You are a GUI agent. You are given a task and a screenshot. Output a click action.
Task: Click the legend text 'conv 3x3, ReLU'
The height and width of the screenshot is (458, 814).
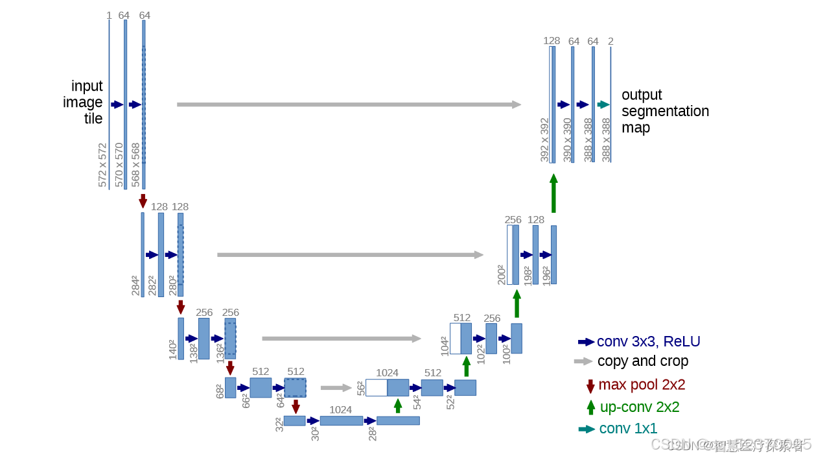648,342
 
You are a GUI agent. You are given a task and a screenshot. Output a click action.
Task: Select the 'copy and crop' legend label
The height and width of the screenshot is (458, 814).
642,361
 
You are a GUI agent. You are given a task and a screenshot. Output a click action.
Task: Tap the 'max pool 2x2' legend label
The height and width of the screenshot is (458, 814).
642,385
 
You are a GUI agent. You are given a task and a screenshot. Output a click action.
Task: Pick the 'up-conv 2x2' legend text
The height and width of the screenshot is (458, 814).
640,407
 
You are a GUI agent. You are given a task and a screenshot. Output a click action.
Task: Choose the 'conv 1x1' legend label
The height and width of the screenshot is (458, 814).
628,429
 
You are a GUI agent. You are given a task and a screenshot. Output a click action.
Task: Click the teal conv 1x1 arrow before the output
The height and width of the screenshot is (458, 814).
603,104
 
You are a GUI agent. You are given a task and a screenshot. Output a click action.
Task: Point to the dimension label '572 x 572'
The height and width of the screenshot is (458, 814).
103,165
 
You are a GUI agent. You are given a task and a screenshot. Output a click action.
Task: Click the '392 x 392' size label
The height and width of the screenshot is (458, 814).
544,139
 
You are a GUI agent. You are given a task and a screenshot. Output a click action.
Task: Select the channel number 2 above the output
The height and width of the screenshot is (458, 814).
610,42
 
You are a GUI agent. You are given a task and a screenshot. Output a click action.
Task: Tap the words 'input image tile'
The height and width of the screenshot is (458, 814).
84,102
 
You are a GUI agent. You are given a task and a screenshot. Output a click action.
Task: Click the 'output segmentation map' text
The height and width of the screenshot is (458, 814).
665,111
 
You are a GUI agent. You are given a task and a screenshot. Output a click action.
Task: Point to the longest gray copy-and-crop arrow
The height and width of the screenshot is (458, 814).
349,104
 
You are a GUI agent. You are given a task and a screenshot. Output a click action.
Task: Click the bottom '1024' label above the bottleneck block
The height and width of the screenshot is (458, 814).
340,410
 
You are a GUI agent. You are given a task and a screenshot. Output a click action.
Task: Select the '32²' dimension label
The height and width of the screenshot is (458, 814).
279,425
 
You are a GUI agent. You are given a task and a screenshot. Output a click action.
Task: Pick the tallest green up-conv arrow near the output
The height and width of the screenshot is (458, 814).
553,193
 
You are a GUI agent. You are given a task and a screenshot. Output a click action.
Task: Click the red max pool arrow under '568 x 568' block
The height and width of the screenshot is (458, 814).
143,200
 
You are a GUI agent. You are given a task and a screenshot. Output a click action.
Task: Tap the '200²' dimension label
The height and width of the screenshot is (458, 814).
501,274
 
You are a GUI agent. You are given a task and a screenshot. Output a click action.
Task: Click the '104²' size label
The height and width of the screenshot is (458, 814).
445,346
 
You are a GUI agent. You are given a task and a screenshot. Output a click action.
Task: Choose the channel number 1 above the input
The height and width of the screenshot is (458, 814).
109,16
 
